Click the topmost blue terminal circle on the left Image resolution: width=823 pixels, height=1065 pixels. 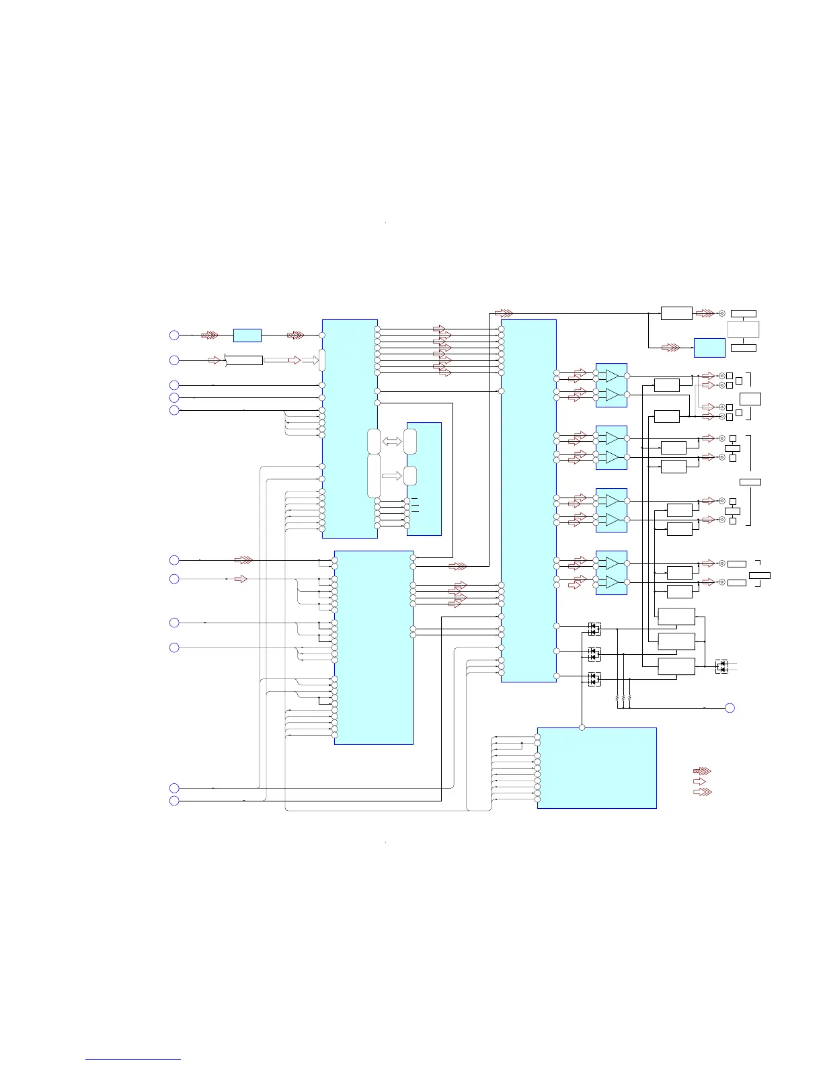click(x=174, y=335)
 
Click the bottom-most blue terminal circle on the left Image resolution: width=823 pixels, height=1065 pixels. click(x=174, y=801)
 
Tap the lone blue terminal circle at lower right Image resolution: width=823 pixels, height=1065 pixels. click(x=730, y=707)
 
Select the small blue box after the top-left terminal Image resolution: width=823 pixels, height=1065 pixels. click(x=247, y=335)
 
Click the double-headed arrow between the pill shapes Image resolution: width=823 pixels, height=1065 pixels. click(x=392, y=442)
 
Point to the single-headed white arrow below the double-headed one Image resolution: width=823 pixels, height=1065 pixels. click(x=392, y=476)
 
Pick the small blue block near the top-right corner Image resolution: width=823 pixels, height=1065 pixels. click(x=709, y=348)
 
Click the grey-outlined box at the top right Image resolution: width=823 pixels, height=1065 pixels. click(x=744, y=329)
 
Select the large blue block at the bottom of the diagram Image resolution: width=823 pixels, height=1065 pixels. click(x=597, y=768)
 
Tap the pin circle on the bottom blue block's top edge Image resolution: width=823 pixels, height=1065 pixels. click(x=582, y=727)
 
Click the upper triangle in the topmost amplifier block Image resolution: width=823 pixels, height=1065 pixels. click(x=611, y=376)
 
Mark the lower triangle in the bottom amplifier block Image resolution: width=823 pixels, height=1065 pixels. click(x=611, y=582)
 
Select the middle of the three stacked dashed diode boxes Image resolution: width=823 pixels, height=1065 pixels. click(x=594, y=654)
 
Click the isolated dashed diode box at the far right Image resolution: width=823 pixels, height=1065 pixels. click(x=721, y=666)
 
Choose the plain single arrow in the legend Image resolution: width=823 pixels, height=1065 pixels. click(x=700, y=781)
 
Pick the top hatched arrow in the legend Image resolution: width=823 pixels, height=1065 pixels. click(x=702, y=771)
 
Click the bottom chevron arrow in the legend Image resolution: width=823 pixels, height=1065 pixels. click(x=702, y=792)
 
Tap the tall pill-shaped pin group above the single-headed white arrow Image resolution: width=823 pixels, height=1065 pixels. click(x=375, y=476)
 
